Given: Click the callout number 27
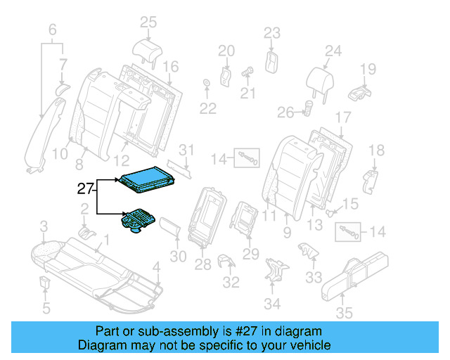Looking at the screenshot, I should (85, 188).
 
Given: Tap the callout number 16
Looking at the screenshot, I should (171, 67).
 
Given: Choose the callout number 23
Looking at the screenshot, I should (272, 32).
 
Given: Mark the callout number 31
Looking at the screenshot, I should (186, 150).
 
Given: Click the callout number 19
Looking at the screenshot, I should (368, 68).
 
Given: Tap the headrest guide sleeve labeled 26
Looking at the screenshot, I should (308, 108).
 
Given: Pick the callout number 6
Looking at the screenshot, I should (52, 30).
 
